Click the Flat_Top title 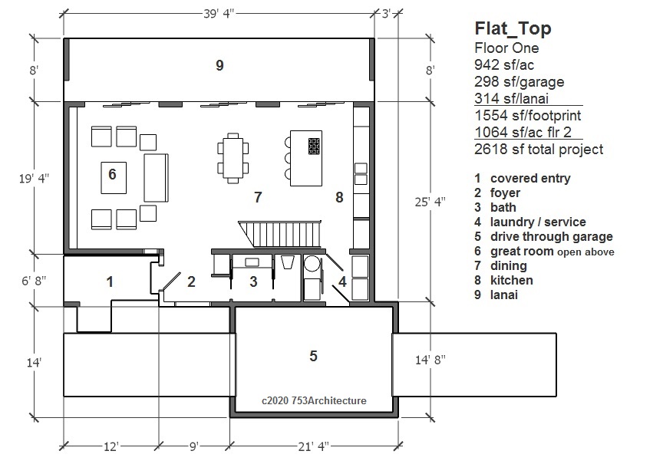(x=513, y=28)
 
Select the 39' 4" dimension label (x=219, y=14)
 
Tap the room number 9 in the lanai (x=219, y=65)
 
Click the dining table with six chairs (x=233, y=158)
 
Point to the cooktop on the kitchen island (x=314, y=146)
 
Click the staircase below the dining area (x=279, y=234)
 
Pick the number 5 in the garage (x=313, y=356)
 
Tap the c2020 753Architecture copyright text (x=314, y=400)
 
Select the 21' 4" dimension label (x=313, y=446)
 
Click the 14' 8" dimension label (x=430, y=360)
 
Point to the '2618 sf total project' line (x=539, y=149)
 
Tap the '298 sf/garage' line (x=520, y=81)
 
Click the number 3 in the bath (x=253, y=281)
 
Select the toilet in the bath (x=288, y=262)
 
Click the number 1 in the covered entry (x=110, y=281)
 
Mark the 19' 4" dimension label (x=34, y=178)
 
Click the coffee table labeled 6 (x=114, y=178)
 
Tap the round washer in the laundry (x=312, y=264)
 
